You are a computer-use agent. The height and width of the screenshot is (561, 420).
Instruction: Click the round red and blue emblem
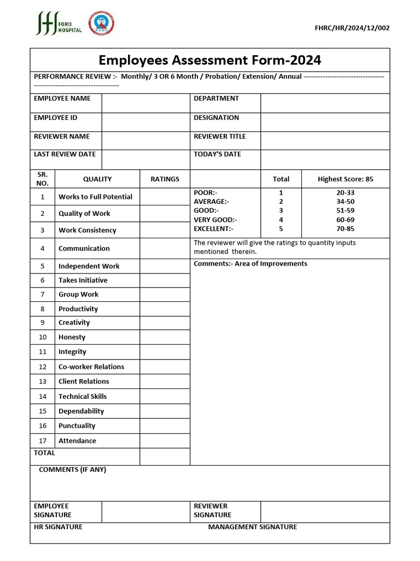click(101, 24)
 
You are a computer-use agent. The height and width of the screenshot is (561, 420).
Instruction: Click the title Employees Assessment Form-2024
click(209, 60)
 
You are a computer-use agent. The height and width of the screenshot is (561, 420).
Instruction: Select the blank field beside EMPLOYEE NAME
click(145, 103)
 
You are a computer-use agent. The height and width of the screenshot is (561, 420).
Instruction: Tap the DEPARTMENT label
click(216, 99)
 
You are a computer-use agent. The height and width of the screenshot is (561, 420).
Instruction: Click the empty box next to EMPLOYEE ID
click(145, 122)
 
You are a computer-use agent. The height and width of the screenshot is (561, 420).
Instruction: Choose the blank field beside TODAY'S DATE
click(325, 159)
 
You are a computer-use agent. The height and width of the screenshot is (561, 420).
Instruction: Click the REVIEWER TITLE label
click(219, 136)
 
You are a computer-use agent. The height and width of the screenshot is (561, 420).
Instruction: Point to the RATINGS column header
click(165, 179)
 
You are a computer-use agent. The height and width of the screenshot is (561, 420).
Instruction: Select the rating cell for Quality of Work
click(165, 214)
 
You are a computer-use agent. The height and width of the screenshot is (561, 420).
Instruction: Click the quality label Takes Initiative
click(83, 280)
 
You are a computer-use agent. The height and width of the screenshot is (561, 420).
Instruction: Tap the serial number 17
click(43, 441)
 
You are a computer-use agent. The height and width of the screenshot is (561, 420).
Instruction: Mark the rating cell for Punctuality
click(165, 426)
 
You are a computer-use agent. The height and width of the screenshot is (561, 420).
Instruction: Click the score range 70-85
click(345, 229)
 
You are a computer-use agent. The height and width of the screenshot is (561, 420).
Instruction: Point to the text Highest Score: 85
click(345, 179)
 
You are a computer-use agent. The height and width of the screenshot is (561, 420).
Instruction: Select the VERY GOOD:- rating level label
click(215, 220)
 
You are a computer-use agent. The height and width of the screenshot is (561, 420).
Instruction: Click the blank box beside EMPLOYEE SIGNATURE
click(145, 512)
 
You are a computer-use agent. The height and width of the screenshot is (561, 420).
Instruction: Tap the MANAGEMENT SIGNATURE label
click(252, 527)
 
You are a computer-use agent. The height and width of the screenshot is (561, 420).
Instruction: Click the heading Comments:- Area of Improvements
click(250, 264)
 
